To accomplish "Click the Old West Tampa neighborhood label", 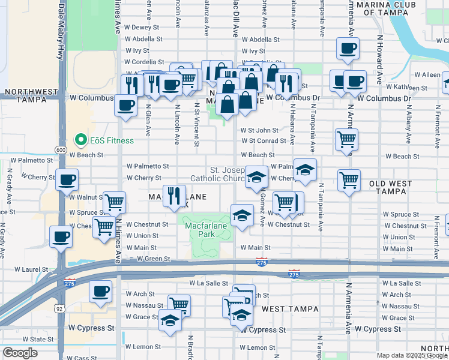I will point(390,188).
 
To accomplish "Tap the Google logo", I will point(20,353).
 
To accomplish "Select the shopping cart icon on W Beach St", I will point(347,140).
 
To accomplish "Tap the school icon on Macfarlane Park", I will point(242,215).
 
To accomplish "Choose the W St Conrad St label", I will point(264,141).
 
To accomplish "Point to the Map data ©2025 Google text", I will point(412,355).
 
